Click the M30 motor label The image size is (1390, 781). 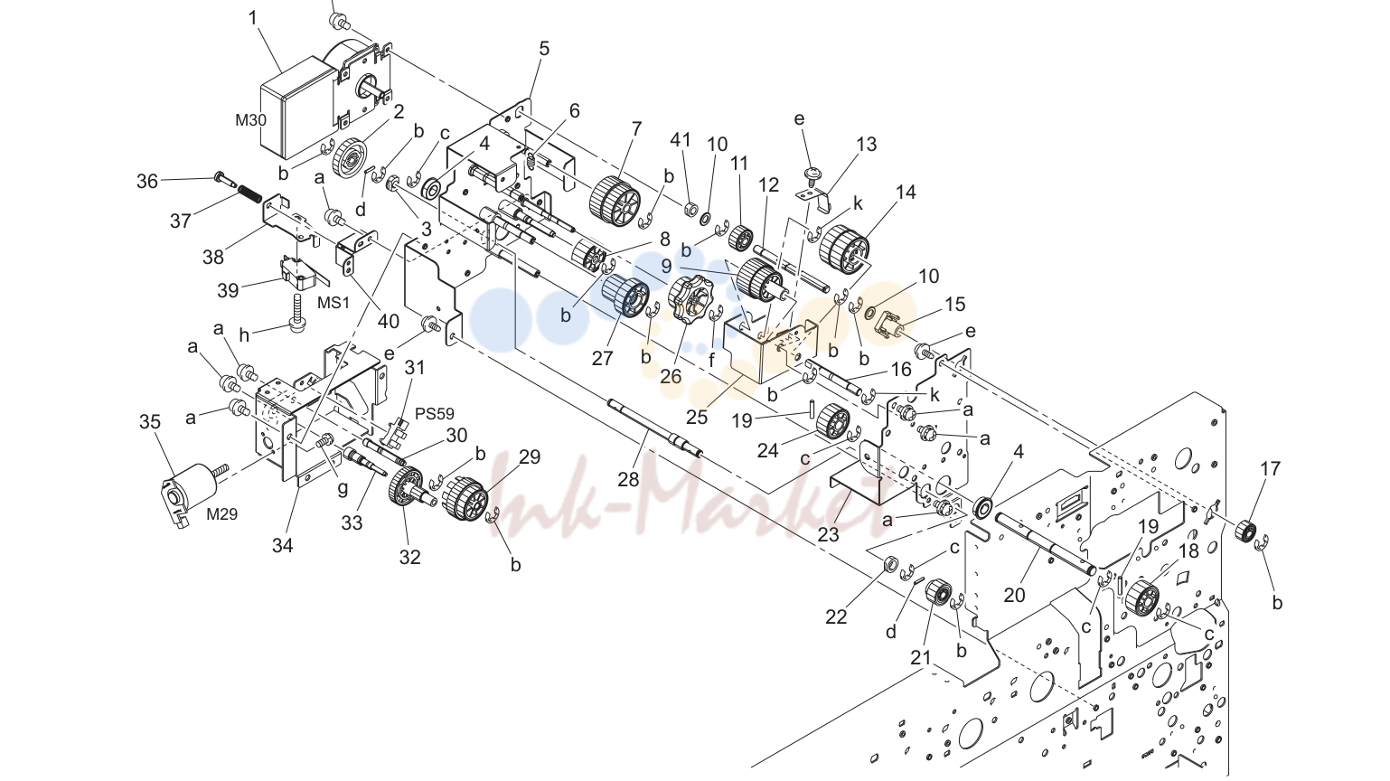[x=250, y=120]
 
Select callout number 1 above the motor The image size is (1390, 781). [x=252, y=18]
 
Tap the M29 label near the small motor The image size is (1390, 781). [x=222, y=514]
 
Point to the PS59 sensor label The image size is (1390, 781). [x=435, y=413]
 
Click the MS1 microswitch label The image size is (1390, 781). [x=333, y=303]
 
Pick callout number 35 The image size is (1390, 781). [x=149, y=422]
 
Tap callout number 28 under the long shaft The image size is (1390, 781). [x=628, y=479]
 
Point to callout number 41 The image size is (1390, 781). [x=681, y=140]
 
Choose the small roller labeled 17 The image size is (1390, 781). [x=1246, y=532]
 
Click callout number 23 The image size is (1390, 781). [x=829, y=534]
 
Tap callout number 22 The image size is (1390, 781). [x=836, y=617]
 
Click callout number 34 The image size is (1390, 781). [x=282, y=546]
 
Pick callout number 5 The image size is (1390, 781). [x=544, y=49]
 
